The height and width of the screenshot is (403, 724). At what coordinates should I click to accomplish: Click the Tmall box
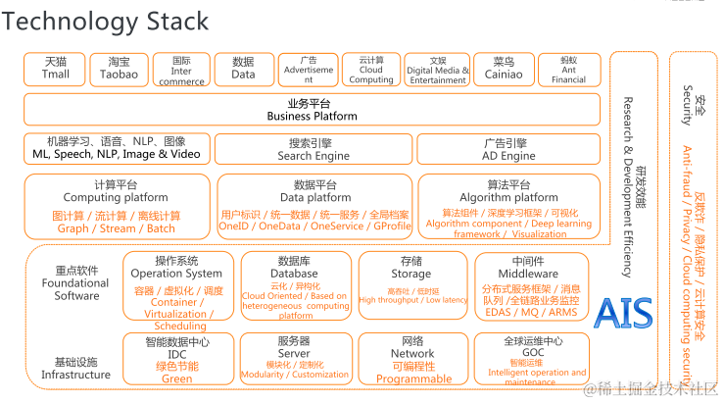(x=56, y=69)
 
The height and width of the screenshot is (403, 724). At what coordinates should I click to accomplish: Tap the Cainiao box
(x=507, y=69)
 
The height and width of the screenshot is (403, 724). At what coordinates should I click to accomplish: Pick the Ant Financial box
(x=568, y=69)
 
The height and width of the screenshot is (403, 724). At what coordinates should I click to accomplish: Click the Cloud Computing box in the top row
(x=371, y=69)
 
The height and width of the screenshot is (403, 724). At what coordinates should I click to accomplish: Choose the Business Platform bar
(x=313, y=110)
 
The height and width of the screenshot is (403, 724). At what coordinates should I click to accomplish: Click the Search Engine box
(x=313, y=149)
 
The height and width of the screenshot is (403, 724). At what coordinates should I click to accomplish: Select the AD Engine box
(x=508, y=149)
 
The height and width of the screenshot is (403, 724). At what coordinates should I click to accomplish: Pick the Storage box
(x=411, y=284)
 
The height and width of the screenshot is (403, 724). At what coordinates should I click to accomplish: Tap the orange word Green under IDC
(x=176, y=378)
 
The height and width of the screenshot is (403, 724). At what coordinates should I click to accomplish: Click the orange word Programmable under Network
(x=413, y=378)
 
